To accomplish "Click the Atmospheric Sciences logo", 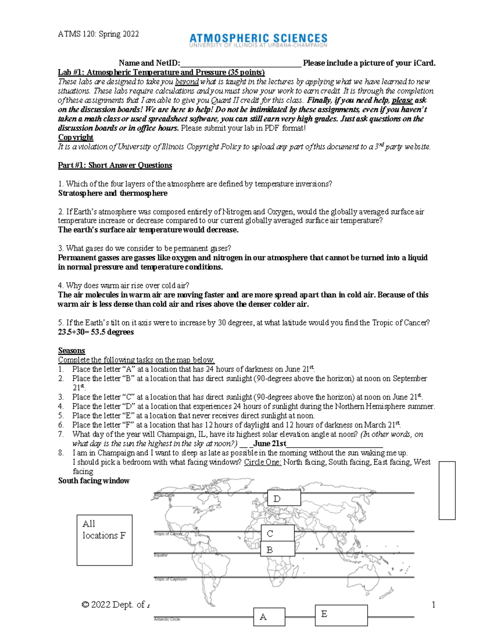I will pos(258,40).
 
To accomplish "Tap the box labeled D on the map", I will pos(284,498).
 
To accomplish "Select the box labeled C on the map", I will pos(277,533).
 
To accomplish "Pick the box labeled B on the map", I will pos(277,549).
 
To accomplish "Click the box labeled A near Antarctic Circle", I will pos(269,617).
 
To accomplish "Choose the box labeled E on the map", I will pos(341,615).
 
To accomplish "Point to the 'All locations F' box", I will pos(104,539).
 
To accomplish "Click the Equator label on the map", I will pos(161,555).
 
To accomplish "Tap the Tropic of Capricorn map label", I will pos(170,579).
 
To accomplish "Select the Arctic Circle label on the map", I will pos(164,495).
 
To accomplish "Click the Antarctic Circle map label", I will pos(167,619).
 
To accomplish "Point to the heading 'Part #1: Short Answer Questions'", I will pos(115,165).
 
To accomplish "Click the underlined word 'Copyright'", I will pos(76,137).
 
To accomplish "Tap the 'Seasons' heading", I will pos(72,351).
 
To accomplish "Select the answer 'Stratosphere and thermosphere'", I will pos(113,193).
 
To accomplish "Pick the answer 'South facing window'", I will pos(94,481).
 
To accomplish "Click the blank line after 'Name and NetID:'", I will pos(241,63).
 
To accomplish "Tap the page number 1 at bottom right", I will pos(433,604).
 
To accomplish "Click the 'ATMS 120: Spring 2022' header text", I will pos(98,34).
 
